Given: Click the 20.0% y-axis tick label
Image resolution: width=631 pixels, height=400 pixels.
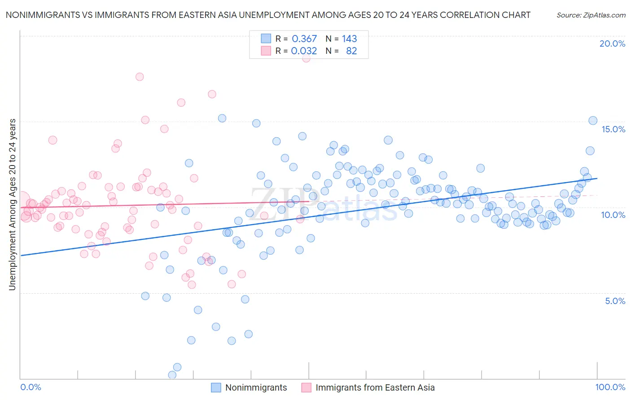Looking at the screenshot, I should [612, 43].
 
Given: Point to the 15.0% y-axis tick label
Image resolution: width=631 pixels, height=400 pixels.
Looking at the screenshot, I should [613, 129].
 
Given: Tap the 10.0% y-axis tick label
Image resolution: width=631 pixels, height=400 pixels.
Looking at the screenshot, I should [613, 215].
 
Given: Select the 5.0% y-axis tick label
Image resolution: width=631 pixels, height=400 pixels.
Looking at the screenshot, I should [615, 301].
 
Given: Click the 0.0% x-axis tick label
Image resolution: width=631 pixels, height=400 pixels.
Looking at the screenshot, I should [31, 387].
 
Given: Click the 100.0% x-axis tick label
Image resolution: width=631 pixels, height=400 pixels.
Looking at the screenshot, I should [610, 387].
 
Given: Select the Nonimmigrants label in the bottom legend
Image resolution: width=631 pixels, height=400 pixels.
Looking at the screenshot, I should [256, 387].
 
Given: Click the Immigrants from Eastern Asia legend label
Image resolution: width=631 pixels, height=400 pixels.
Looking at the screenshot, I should [375, 387].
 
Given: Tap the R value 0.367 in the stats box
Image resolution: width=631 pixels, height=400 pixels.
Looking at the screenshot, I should [304, 39].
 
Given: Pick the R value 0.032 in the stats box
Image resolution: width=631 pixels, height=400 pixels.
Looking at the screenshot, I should [304, 51].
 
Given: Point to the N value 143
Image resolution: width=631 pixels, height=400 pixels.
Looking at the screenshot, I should [349, 39].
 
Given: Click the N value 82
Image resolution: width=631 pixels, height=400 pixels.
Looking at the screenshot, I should [351, 51].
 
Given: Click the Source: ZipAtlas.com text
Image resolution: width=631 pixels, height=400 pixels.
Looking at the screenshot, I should [591, 15].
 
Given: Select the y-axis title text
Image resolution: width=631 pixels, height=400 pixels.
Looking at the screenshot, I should [13, 204].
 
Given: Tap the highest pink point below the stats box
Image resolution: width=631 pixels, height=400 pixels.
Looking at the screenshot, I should [306, 58].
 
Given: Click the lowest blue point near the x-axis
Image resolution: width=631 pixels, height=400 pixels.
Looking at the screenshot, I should [172, 375].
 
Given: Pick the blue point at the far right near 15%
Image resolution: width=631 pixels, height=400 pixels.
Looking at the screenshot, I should [592, 121].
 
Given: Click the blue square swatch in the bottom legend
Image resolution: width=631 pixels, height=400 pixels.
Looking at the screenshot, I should [216, 387].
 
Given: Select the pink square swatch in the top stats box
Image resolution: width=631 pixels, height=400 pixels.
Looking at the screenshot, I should [266, 51].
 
